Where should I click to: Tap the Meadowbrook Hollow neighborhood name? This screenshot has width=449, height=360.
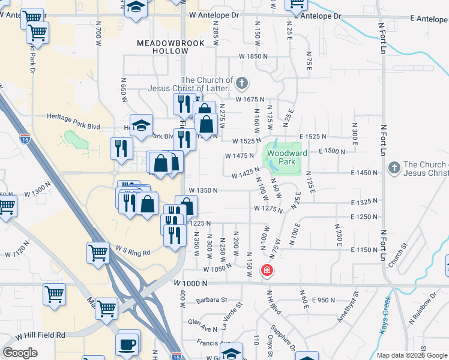click(170, 47)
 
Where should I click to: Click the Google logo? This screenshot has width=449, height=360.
click(20, 353)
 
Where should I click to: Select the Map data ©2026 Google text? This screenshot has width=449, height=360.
click(411, 355)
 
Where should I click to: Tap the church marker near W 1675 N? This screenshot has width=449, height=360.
click(242, 83)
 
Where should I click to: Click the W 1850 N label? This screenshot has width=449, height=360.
click(253, 56)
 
